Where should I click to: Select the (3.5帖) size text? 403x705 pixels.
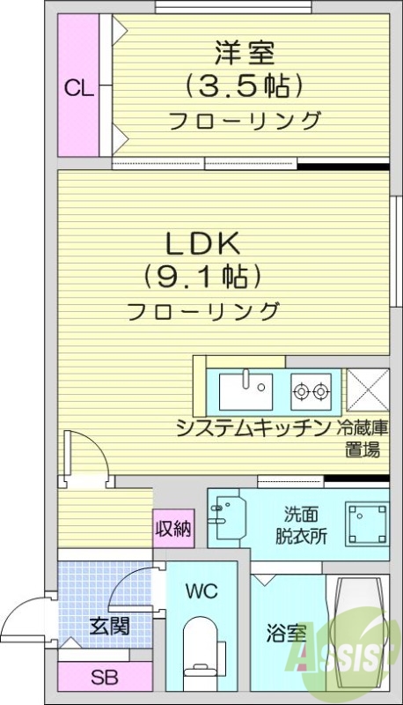point(245,85)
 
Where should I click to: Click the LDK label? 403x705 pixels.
point(205,243)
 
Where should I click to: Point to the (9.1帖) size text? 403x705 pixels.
point(204,278)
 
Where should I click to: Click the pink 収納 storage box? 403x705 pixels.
point(173,529)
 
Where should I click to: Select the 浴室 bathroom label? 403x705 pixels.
point(287,632)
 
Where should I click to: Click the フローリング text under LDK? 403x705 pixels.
point(203,310)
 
